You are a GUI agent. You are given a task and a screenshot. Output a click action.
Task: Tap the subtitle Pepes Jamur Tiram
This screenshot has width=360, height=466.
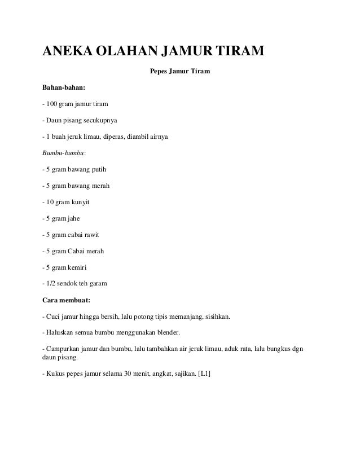pos(179,72)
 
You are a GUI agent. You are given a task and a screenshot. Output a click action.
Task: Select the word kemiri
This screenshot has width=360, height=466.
pos(81,266)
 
